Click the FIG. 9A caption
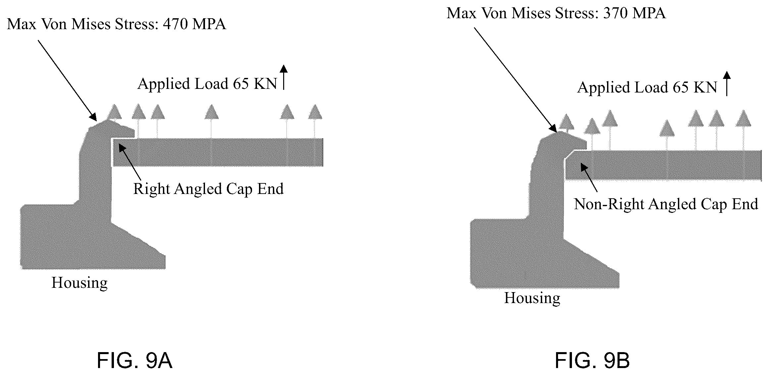(x=134, y=360)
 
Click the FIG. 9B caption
(x=592, y=360)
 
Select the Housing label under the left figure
(x=79, y=283)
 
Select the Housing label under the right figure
(x=532, y=298)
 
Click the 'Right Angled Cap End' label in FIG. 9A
(x=208, y=189)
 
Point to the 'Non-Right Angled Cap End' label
(x=666, y=204)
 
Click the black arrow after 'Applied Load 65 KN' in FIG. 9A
(x=284, y=77)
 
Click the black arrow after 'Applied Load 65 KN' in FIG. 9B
(x=727, y=84)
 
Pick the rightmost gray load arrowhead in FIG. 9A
(x=315, y=112)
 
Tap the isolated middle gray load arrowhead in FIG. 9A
(x=211, y=112)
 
